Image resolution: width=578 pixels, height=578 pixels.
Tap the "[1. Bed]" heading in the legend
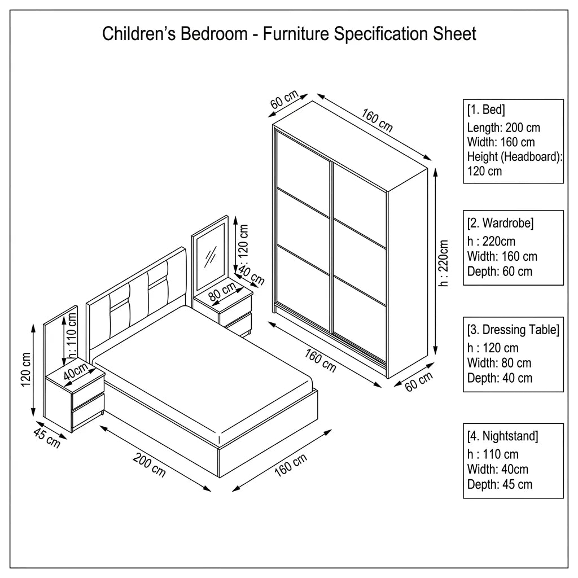click(486, 110)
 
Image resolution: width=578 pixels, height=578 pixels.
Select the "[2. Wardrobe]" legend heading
click(500, 223)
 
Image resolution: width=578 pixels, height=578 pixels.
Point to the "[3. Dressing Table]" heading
click(513, 330)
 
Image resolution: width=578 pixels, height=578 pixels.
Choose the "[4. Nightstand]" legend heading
click(502, 436)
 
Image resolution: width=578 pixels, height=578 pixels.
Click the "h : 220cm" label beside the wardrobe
click(443, 263)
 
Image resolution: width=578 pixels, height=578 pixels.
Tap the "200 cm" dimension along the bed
click(149, 465)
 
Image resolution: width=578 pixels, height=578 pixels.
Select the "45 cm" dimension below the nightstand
click(47, 437)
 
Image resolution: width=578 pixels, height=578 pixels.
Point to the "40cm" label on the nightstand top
click(76, 371)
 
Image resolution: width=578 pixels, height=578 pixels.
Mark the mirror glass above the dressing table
click(211, 257)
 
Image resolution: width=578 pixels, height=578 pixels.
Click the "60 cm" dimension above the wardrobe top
click(284, 99)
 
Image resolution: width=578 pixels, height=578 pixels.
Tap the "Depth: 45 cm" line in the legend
click(500, 484)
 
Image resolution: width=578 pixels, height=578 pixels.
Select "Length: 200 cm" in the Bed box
click(503, 128)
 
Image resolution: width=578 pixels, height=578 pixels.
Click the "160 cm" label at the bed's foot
click(291, 465)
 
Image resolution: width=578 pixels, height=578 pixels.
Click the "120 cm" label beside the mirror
click(243, 242)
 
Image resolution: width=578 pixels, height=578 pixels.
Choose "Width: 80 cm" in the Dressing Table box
click(499, 363)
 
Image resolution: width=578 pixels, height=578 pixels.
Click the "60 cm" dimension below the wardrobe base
click(419, 382)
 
